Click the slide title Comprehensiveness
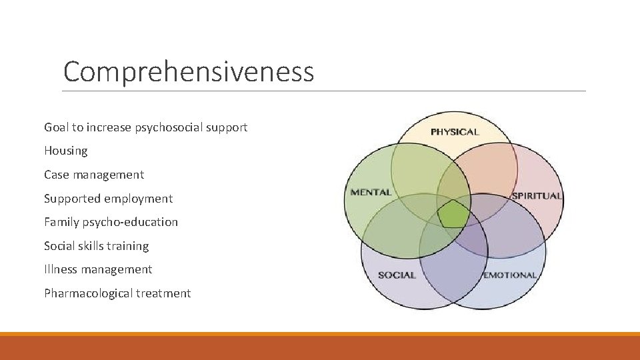coord(188,72)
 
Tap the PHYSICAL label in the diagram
coord(455,132)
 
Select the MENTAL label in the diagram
coord(371,193)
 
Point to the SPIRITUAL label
coord(537,196)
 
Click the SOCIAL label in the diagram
coord(397,275)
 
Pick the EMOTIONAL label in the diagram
coord(509,275)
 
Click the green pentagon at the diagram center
coord(453,215)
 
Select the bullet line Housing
coord(66,151)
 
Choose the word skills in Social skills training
coord(93,246)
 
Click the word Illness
coord(61,269)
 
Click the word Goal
coord(57,127)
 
